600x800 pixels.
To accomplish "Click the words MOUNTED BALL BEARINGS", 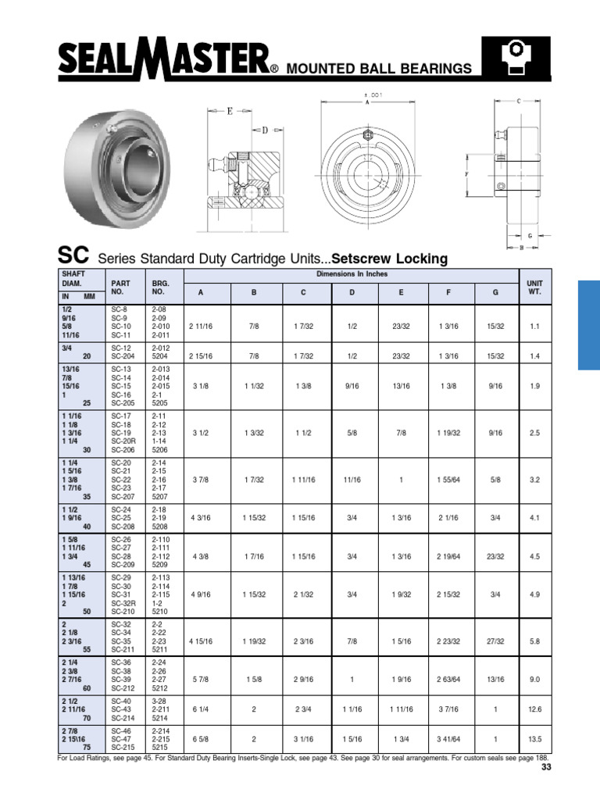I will coord(379,69).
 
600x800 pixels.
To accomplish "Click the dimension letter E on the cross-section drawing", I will coord(230,111).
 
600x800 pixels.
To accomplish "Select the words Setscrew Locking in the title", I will coord(390,258).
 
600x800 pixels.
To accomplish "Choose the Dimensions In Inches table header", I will coord(351,274).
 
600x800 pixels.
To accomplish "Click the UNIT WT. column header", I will coord(534,286).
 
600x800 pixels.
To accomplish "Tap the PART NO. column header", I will coord(119,286).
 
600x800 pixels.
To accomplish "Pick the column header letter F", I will coord(448,291).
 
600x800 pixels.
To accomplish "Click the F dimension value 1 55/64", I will coord(448,480).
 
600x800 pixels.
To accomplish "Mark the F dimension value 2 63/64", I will coord(448,680).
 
